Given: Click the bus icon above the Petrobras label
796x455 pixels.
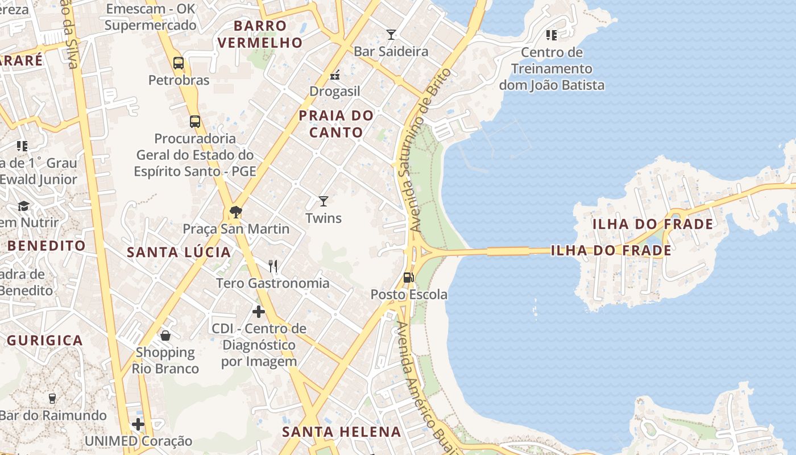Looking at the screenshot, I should pyautogui.click(x=179, y=63).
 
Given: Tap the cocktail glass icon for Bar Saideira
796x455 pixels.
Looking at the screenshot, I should pyautogui.click(x=391, y=35).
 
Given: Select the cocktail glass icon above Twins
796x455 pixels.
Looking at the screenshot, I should pyautogui.click(x=324, y=201).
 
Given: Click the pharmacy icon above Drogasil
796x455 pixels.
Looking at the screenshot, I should pyautogui.click(x=335, y=75).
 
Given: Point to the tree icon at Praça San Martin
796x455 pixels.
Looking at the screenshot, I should pyautogui.click(x=235, y=212).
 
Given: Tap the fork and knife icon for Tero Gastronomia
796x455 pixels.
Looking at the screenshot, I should pyautogui.click(x=273, y=266).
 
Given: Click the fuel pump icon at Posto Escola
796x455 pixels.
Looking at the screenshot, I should pyautogui.click(x=408, y=278).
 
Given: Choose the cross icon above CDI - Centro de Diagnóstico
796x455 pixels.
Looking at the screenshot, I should pyautogui.click(x=259, y=312).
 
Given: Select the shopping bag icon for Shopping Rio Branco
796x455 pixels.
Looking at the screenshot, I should pyautogui.click(x=165, y=336).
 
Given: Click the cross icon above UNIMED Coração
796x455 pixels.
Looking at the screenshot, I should pyautogui.click(x=138, y=424).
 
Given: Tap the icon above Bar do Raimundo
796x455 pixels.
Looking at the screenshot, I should pyautogui.click(x=52, y=398).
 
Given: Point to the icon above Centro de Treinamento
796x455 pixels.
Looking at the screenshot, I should pyautogui.click(x=551, y=35).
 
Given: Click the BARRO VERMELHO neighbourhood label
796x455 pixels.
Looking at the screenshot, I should pyautogui.click(x=260, y=34).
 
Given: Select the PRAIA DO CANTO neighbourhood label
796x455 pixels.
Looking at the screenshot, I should pyautogui.click(x=336, y=124).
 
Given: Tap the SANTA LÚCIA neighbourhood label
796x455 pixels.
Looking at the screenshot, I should pyautogui.click(x=179, y=252).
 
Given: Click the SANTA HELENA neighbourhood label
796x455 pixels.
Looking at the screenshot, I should pyautogui.click(x=342, y=432).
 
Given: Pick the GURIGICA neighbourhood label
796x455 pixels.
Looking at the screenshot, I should pyautogui.click(x=45, y=341).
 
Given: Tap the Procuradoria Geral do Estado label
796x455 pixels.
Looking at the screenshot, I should pyautogui.click(x=195, y=155).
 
